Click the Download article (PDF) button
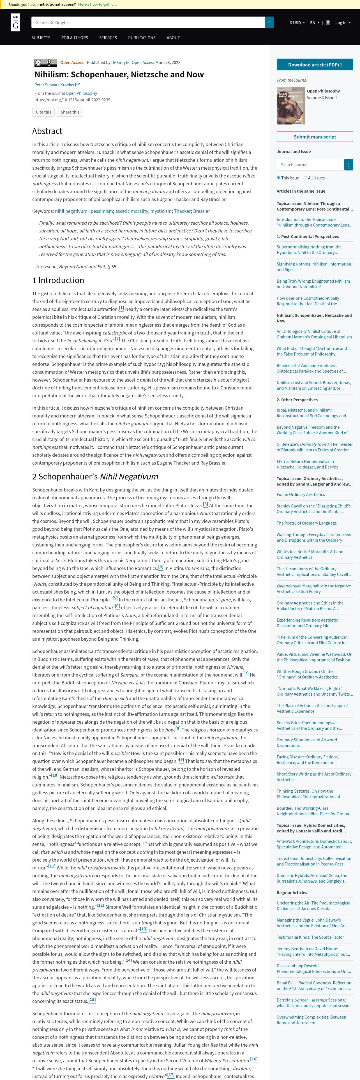coord(314,64)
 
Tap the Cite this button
coord(43,112)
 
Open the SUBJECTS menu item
coord(41,38)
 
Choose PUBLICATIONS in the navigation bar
coord(142,38)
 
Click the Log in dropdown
coord(342,23)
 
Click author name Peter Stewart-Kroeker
coord(54,85)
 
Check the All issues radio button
coord(306,178)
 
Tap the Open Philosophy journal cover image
coord(290,106)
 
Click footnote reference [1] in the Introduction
coord(121,308)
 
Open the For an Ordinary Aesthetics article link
coord(301,494)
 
